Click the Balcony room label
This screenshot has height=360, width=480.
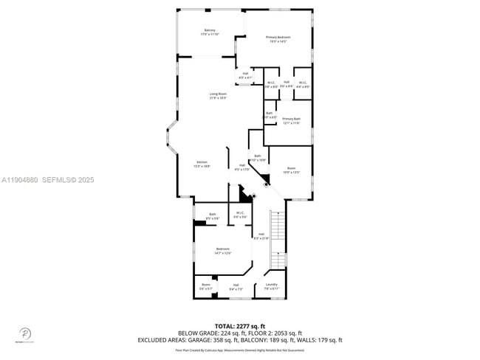(x=210, y=32)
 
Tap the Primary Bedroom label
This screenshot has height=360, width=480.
(x=278, y=38)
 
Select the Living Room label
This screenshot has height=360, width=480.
(x=218, y=95)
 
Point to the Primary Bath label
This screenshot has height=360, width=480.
(x=291, y=120)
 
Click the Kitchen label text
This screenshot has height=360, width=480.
(x=202, y=164)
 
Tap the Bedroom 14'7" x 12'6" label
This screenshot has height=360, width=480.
(x=222, y=251)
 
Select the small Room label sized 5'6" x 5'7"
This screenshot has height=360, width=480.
(x=206, y=286)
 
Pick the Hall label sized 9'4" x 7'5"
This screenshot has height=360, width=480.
(x=236, y=286)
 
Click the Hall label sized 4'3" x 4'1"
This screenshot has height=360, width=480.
(x=246, y=75)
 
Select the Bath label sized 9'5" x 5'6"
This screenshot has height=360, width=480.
(x=212, y=216)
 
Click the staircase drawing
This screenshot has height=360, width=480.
(x=278, y=240)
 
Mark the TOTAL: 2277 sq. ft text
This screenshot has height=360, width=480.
(x=239, y=325)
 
